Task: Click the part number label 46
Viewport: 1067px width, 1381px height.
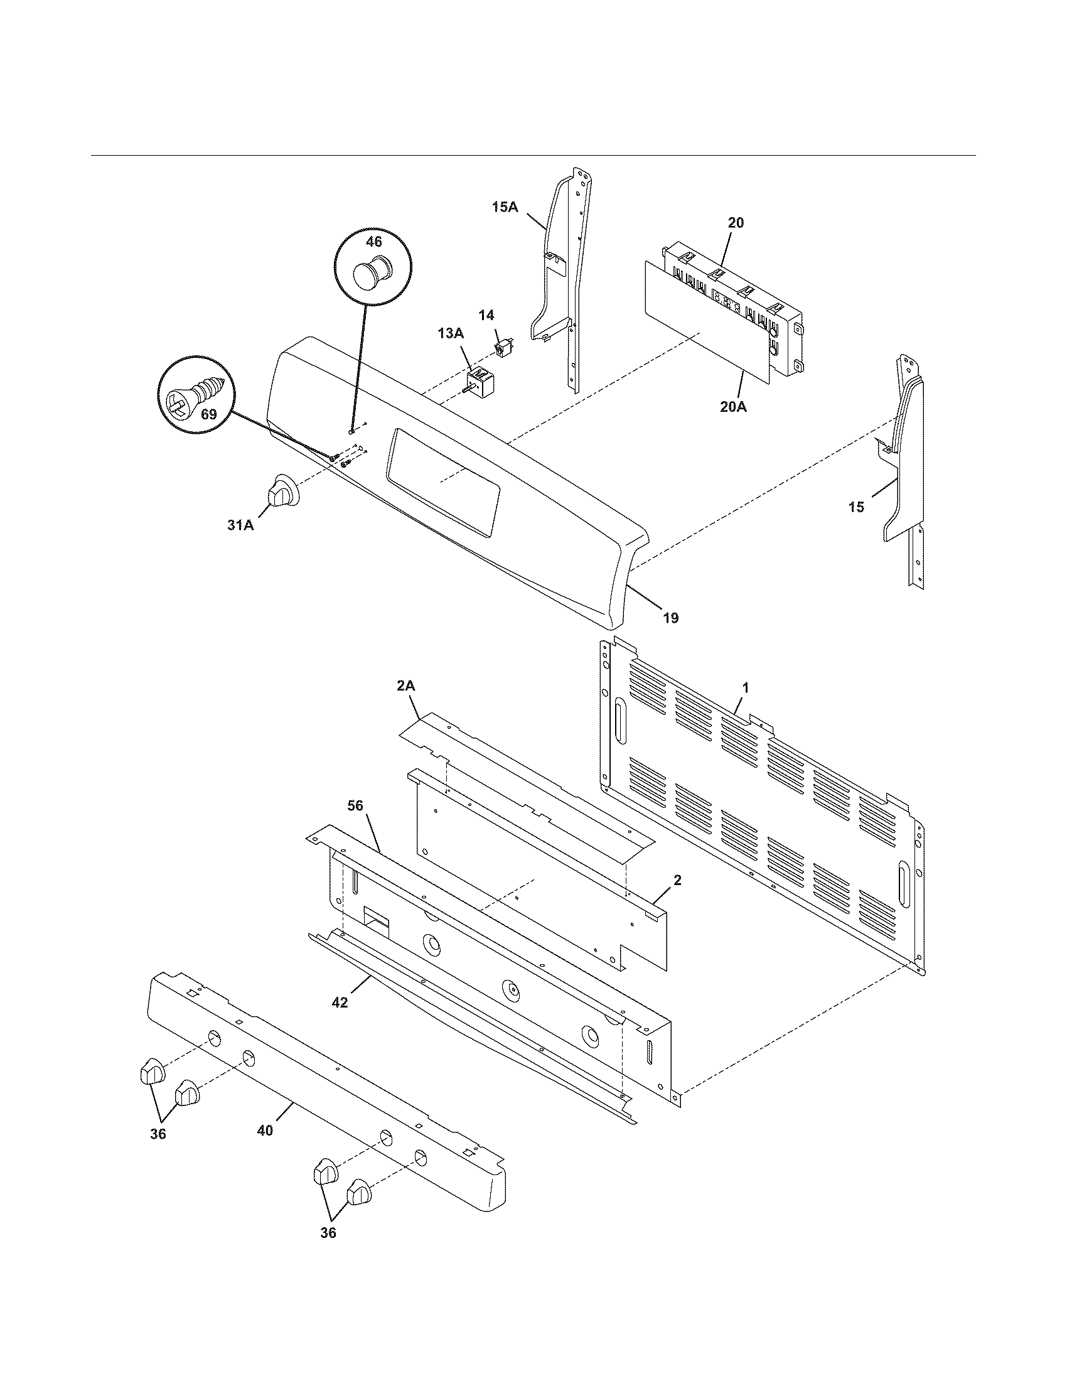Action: [373, 242]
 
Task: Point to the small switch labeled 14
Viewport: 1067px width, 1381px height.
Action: [504, 347]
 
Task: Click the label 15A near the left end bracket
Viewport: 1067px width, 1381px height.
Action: [505, 207]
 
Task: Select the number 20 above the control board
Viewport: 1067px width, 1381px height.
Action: [736, 223]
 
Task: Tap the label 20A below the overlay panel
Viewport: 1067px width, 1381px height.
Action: [733, 407]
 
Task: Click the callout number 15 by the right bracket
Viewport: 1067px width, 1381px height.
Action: [856, 507]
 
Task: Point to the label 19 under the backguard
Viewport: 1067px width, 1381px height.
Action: [671, 618]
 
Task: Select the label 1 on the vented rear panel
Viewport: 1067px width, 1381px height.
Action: [745, 687]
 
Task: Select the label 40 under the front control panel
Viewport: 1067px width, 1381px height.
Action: [265, 1130]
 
